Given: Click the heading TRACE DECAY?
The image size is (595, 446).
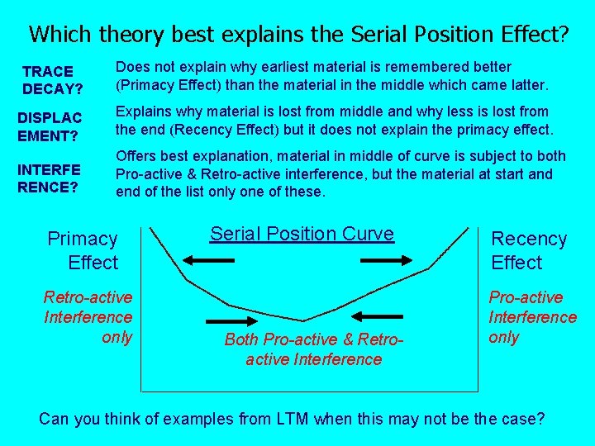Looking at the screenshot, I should pyautogui.click(x=48, y=79).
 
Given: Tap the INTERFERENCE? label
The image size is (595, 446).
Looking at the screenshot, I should pyautogui.click(x=49, y=178).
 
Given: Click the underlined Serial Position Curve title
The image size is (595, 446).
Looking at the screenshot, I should pyautogui.click(x=302, y=234).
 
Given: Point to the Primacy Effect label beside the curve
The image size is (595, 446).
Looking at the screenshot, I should pyautogui.click(x=83, y=251).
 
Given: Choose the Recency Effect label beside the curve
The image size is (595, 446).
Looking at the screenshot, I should pyautogui.click(x=528, y=251).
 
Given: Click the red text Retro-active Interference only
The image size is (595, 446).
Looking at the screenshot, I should pyautogui.click(x=88, y=317).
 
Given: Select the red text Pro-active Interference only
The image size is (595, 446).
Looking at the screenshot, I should pyautogui.click(x=532, y=317).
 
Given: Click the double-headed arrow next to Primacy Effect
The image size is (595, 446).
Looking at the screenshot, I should pyautogui.click(x=209, y=260).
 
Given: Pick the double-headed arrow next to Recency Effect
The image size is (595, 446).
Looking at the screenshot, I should pyautogui.click(x=386, y=260).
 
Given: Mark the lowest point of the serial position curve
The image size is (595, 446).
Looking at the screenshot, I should pyautogui.click(x=303, y=320).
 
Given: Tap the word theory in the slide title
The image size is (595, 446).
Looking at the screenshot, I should pyautogui.click(x=128, y=34).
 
